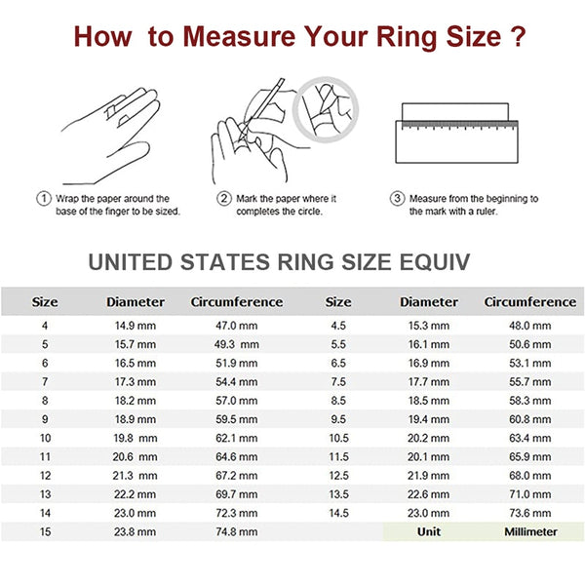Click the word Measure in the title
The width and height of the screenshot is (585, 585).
[243, 38]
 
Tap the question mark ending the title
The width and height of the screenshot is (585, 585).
[519, 38]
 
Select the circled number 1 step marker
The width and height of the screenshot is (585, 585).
[43, 198]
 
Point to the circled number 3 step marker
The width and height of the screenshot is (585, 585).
[397, 198]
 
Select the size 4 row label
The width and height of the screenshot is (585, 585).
[43, 326]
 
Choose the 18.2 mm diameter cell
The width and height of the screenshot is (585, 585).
[136, 400]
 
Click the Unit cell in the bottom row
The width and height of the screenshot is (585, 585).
[429, 531]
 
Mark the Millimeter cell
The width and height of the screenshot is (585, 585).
[530, 531]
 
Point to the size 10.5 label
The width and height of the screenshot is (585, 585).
[337, 437]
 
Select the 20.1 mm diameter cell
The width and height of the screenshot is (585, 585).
[429, 455]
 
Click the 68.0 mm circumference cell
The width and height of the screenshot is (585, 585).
[530, 475]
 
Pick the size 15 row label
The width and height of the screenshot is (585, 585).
[43, 531]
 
